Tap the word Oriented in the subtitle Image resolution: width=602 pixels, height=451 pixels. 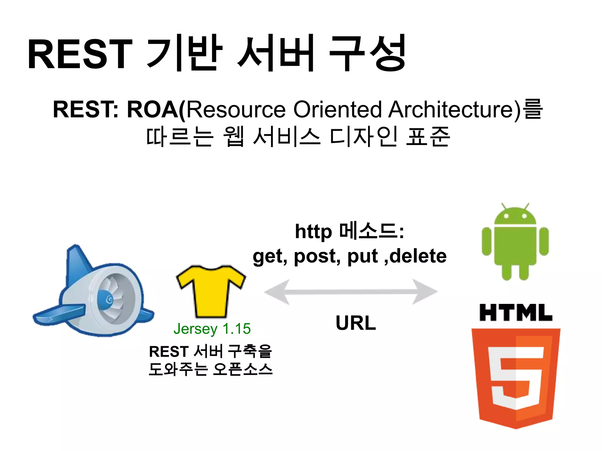point(338,110)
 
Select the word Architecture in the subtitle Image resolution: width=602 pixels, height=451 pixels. point(454,110)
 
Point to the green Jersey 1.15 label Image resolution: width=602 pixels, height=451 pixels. point(212,329)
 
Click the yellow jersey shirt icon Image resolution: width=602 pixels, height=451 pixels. point(211,291)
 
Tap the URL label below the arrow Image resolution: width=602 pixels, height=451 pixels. point(356,323)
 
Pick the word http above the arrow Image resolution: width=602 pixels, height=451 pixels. point(313,232)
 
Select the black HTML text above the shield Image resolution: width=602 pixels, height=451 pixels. point(516,313)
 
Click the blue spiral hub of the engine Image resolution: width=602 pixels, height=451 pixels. point(108,299)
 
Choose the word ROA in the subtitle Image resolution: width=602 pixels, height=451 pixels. point(153,110)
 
